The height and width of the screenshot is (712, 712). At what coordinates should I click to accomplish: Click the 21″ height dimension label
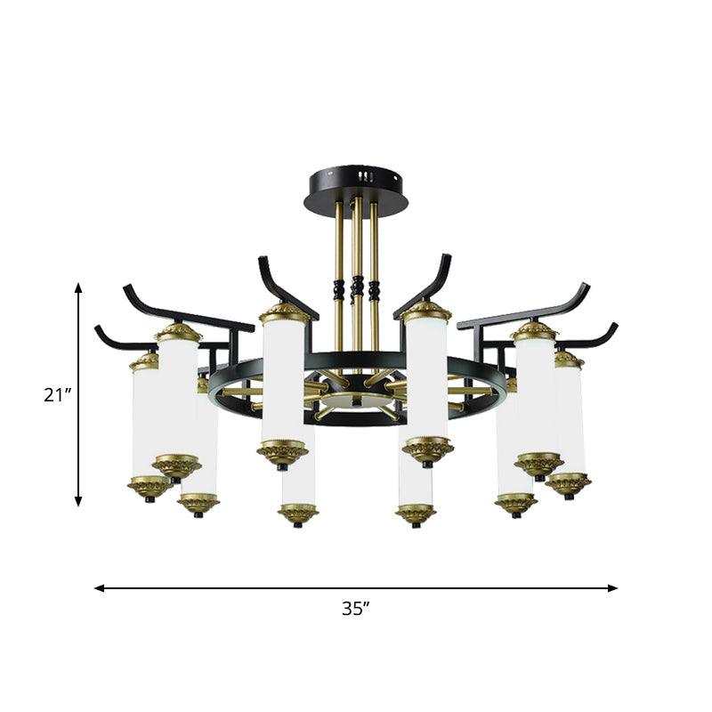[x=56, y=395]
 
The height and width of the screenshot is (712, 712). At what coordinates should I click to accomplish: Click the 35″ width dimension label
[x=356, y=609]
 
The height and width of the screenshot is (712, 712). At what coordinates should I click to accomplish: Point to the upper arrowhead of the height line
[x=78, y=288]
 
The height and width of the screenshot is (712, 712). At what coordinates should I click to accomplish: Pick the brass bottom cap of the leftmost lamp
[x=149, y=487]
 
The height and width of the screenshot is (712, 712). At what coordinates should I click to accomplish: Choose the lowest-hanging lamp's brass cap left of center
[x=298, y=514]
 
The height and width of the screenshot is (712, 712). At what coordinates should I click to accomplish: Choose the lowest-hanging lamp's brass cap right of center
[x=416, y=514]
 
